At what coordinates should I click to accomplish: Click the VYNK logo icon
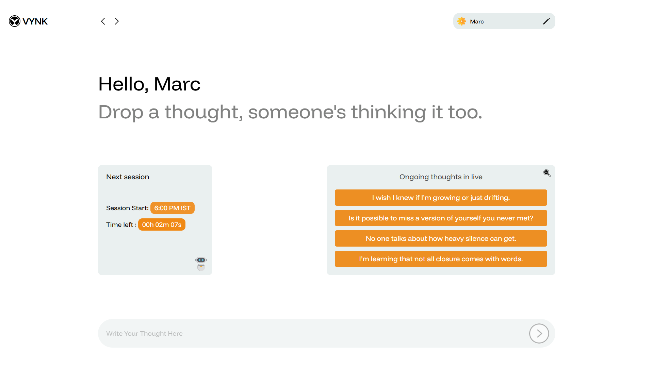tap(15, 21)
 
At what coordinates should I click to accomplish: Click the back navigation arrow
tap(103, 21)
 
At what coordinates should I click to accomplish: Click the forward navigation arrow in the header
tap(117, 21)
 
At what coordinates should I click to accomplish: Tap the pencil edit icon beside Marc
tap(546, 21)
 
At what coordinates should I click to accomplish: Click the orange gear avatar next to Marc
tap(461, 21)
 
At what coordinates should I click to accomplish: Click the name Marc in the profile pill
tap(477, 21)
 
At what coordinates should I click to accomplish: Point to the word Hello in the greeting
tap(123, 84)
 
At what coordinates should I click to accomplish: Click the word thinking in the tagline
tap(388, 112)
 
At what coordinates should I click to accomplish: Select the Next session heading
tap(128, 177)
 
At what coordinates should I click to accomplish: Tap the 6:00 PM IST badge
tap(173, 208)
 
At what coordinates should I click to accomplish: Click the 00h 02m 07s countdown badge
tap(162, 224)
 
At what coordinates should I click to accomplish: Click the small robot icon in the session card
tap(201, 264)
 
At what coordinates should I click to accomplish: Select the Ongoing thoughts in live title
tap(441, 177)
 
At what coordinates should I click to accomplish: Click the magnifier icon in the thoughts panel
tap(547, 173)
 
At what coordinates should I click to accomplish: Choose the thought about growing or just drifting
tap(441, 198)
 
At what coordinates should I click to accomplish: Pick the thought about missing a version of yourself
tap(441, 218)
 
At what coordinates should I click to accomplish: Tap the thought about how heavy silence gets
tap(441, 238)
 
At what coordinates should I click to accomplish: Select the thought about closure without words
tap(441, 259)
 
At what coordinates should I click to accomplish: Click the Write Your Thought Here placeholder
tap(144, 333)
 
